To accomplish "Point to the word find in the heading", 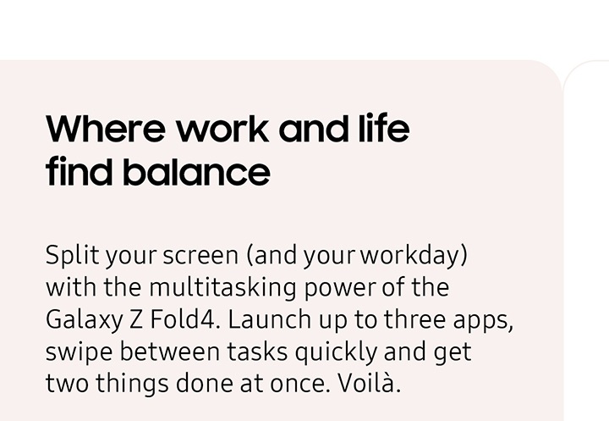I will click(x=79, y=173).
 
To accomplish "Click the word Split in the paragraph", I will click(x=68, y=255).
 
